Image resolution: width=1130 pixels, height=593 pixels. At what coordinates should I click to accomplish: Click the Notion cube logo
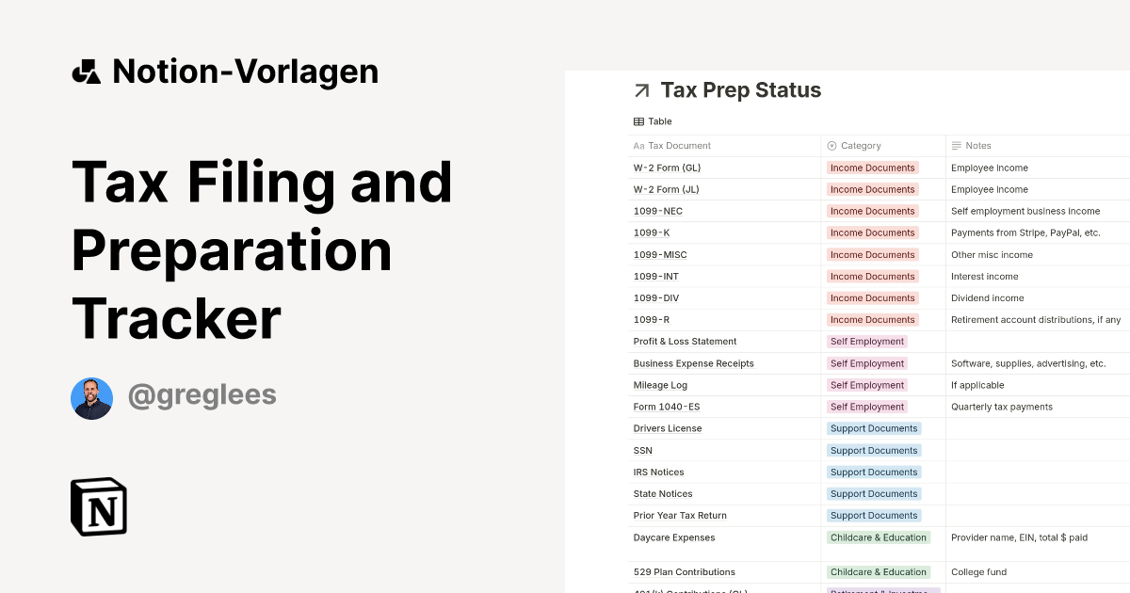tap(99, 506)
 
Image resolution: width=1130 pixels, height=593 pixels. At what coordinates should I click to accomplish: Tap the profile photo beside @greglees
tap(91, 398)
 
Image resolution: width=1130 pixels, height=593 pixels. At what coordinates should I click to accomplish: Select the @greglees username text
tap(202, 395)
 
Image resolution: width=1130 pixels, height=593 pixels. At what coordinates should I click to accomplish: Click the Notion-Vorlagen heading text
tap(245, 72)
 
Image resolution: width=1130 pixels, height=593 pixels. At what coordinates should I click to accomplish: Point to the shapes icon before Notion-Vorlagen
tap(87, 72)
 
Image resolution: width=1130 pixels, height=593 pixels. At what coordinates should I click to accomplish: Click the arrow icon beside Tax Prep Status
tap(642, 90)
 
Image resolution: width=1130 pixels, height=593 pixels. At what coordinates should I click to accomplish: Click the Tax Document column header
tap(679, 146)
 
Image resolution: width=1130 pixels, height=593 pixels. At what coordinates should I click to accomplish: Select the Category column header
tap(861, 146)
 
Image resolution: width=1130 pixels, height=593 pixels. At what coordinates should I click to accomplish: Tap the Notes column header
tap(977, 146)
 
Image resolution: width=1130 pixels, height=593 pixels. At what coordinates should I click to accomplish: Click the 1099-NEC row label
tap(657, 211)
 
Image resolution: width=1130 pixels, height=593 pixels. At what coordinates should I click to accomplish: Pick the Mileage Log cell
tap(660, 385)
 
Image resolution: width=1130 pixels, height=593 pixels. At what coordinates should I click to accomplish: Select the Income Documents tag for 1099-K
tap(872, 232)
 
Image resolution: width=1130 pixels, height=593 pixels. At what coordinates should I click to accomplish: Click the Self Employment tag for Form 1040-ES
tap(866, 407)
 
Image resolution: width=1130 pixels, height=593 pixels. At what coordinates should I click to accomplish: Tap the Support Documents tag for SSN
tap(874, 450)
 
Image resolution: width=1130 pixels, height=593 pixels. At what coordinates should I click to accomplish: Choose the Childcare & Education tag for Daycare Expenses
tap(878, 537)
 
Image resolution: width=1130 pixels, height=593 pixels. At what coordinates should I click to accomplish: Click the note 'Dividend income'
tap(987, 298)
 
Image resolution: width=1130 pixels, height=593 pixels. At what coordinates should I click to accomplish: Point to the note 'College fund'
tap(978, 572)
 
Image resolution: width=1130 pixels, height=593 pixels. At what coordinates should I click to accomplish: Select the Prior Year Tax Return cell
tap(680, 516)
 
